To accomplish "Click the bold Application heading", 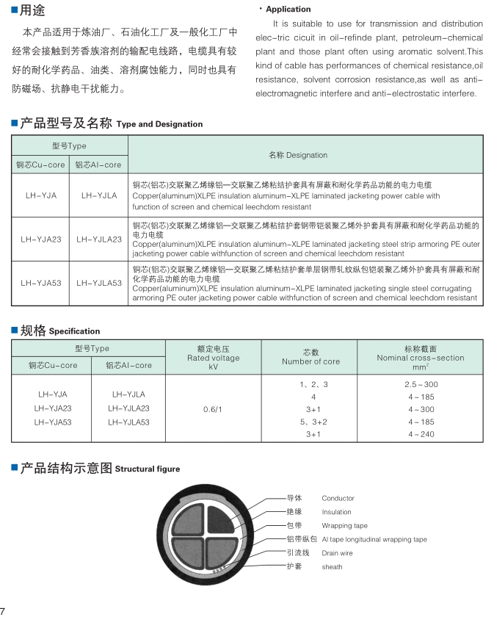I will point(288,10).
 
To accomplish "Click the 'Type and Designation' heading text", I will point(159,124).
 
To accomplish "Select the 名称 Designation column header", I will point(298,155).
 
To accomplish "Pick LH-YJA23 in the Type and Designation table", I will point(41,239).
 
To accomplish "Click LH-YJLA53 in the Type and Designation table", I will point(98,281).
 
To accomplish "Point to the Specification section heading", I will point(74,331).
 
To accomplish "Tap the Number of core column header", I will point(310,357).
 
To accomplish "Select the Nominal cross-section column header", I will point(420,358).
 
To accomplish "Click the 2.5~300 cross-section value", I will point(421,384).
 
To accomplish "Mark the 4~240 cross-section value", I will point(421,434).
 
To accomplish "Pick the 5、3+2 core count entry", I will point(313,422).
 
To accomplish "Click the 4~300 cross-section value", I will point(421,409).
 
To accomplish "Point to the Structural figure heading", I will point(147,469).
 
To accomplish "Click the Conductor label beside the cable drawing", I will point(338,499).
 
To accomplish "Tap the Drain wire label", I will point(337,553).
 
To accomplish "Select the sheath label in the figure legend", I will point(332,567).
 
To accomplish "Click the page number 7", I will point(4,610).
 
